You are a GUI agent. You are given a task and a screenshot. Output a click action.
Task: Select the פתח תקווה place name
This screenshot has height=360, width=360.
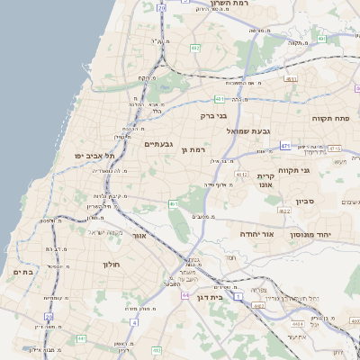[x=328, y=118]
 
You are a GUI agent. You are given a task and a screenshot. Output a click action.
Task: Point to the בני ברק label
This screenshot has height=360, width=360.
[x=212, y=115]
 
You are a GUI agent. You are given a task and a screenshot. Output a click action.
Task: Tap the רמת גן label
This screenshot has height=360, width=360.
[x=193, y=149]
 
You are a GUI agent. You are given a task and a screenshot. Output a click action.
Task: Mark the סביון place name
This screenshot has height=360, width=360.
[x=304, y=202]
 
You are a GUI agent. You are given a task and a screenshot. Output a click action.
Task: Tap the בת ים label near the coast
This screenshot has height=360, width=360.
[x=22, y=271]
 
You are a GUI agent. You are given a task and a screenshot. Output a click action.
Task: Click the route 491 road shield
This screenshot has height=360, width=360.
[x=320, y=40]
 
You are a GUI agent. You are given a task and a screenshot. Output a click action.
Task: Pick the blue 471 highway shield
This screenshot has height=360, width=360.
[x=285, y=145]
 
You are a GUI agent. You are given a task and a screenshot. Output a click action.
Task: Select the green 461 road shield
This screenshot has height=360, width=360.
[x=173, y=204]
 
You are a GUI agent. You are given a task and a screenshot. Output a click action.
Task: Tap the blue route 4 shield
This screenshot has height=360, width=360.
[x=121, y=346]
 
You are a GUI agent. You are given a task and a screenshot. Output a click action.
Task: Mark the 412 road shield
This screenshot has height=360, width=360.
[x=157, y=350]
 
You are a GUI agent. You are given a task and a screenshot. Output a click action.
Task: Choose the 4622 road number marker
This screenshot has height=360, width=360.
[x=284, y=211]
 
